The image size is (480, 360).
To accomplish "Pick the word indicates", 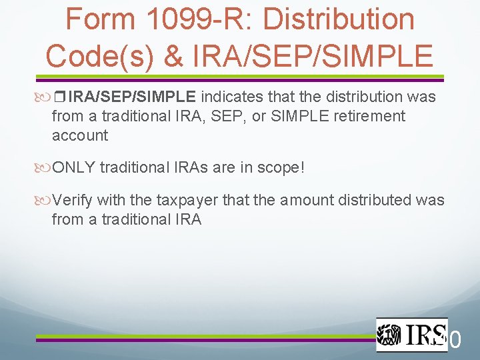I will (233, 97).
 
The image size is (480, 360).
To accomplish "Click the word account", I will (79, 135).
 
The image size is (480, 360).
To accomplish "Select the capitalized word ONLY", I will (73, 167).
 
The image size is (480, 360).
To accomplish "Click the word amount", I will (303, 200).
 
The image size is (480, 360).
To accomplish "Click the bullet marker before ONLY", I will (45, 167).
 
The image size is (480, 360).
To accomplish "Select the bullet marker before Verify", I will (45, 200).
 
